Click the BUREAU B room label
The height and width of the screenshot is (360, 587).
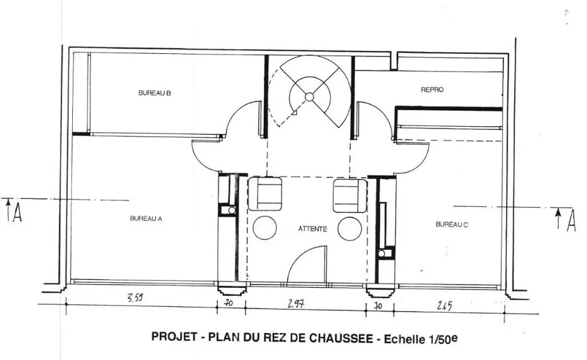[154, 93]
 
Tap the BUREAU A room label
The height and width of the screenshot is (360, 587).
[146, 218]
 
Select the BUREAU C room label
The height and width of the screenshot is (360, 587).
[452, 224]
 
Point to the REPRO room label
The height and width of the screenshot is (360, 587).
[432, 89]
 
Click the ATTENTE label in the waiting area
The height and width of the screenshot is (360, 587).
[312, 229]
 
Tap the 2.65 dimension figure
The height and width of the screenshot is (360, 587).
[444, 306]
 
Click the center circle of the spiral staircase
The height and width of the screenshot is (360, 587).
[309, 96]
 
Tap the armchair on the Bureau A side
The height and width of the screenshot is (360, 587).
[265, 193]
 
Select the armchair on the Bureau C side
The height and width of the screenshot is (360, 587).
[350, 195]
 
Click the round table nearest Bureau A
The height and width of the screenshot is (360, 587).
[264, 228]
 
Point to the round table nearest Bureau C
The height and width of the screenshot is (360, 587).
[350, 228]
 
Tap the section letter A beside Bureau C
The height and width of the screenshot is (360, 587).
[570, 220]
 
